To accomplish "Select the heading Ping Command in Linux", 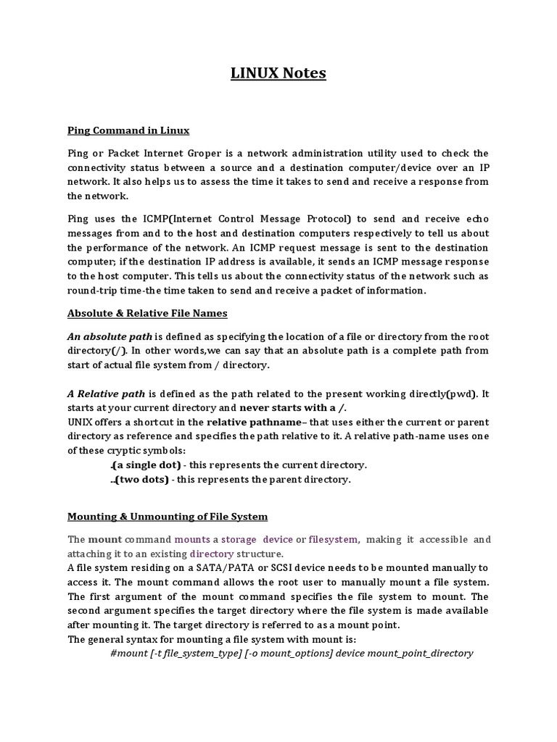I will click(128, 130).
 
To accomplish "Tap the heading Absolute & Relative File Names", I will click(147, 313).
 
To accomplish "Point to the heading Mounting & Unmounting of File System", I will click(168, 517).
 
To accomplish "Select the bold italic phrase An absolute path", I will click(110, 336).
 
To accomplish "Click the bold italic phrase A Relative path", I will click(107, 394).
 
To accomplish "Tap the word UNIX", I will click(82, 422).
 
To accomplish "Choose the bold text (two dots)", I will click(141, 479).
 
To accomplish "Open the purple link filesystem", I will click(333, 539).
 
